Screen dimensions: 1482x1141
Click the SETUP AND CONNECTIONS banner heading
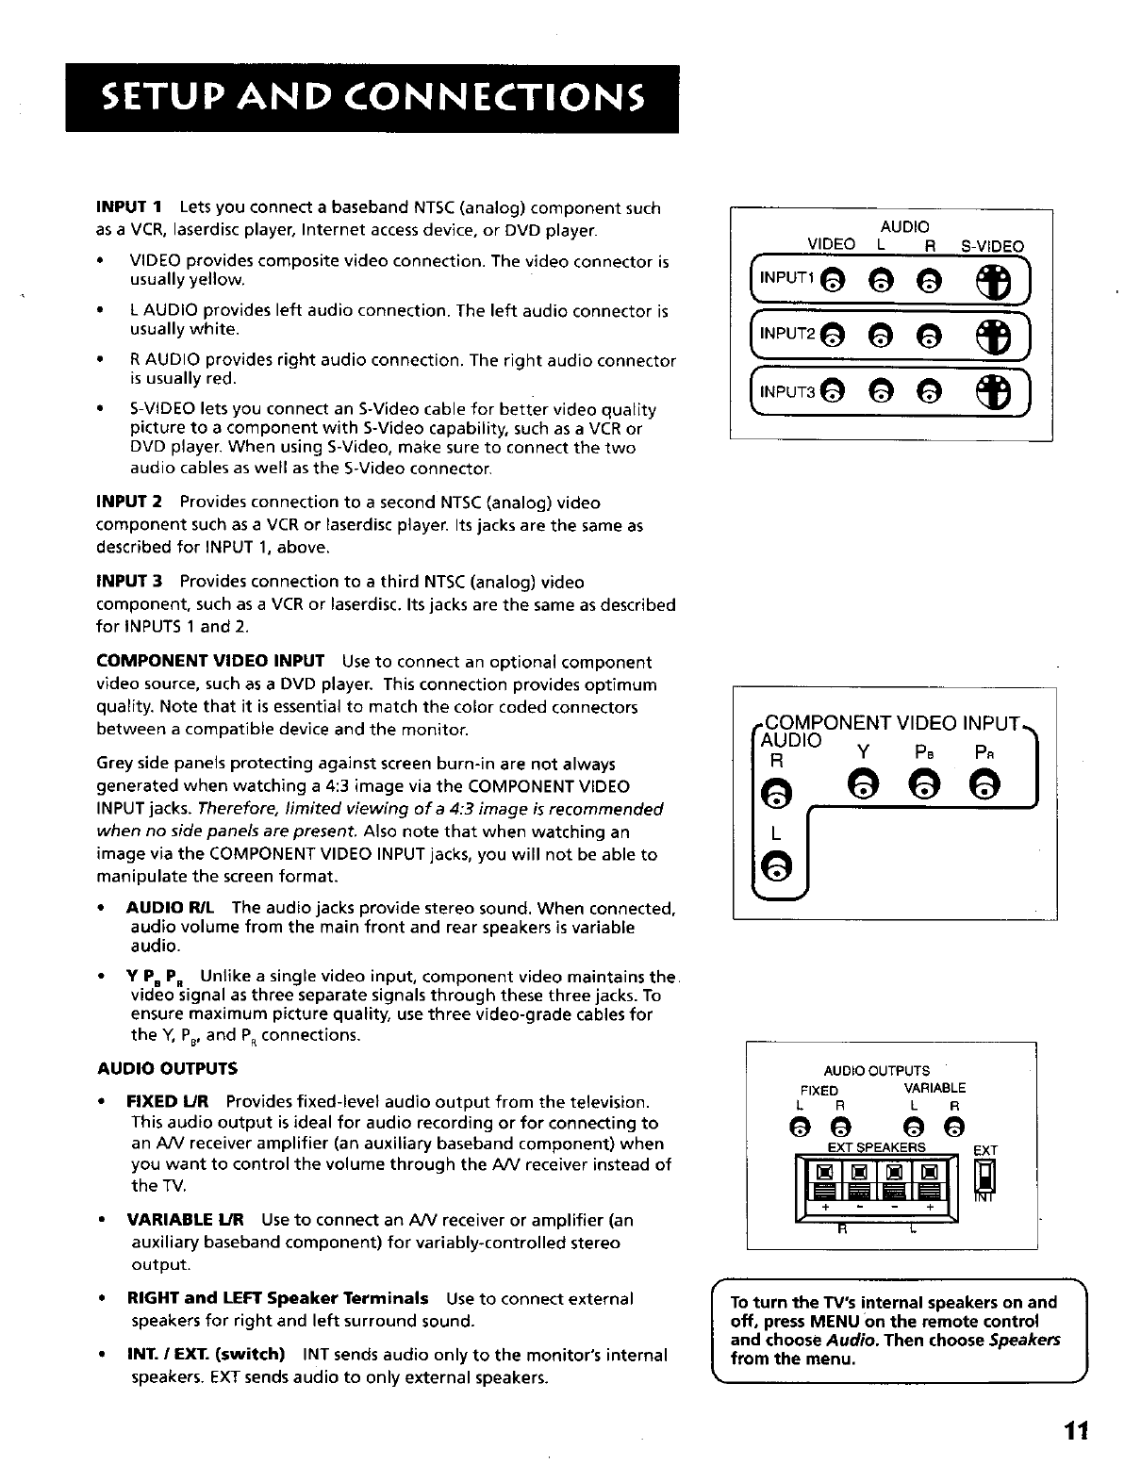372,98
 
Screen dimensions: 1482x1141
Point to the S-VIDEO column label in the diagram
991,247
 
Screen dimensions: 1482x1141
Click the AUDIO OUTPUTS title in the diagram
876,1071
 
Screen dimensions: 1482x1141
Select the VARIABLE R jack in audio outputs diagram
954,1125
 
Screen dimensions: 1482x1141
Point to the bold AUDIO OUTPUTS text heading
167,1069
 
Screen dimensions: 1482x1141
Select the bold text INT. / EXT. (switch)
207,1355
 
